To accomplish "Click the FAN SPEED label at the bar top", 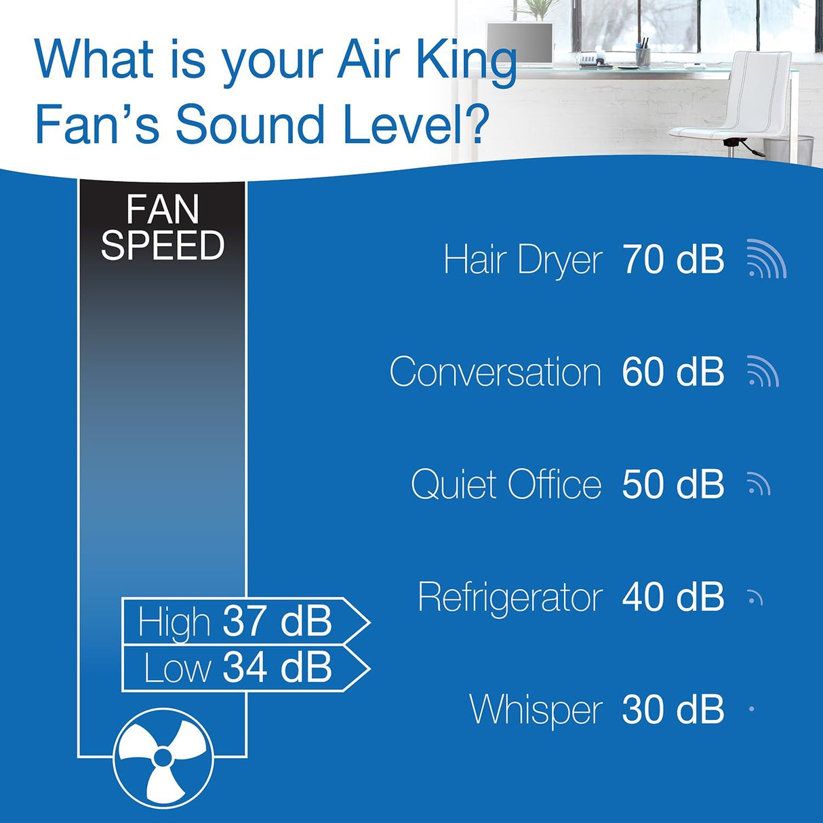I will click(x=163, y=228).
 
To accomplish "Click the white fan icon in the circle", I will click(x=163, y=757).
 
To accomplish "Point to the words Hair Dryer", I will click(x=523, y=260).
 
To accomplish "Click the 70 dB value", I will click(x=673, y=259).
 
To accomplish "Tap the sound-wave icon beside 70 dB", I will click(x=766, y=260).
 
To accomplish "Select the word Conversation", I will click(x=496, y=372).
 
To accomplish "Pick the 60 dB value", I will click(x=673, y=372).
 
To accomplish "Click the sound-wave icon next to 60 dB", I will click(x=763, y=372).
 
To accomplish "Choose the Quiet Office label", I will click(x=506, y=485).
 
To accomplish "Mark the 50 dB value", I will click(x=673, y=484).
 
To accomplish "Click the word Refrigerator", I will click(x=510, y=597).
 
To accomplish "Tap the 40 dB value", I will click(x=673, y=597).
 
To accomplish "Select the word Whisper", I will click(x=536, y=710).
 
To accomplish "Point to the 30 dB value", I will click(x=673, y=709).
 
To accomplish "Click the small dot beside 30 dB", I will click(x=752, y=709).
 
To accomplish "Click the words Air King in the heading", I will click(x=427, y=61).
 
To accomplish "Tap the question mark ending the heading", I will click(x=477, y=125).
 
